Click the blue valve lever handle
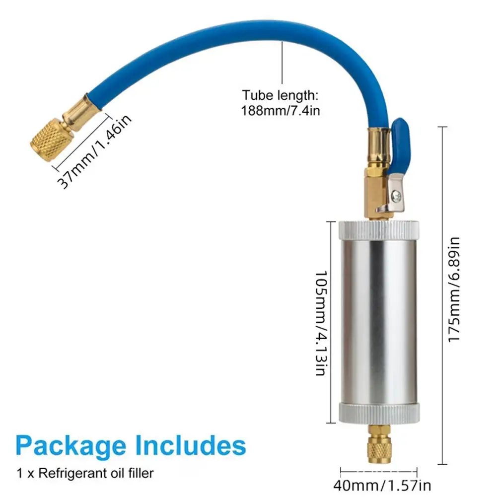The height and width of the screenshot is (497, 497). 400,146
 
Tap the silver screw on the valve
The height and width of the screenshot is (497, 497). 396,197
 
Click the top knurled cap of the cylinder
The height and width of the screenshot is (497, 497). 379,230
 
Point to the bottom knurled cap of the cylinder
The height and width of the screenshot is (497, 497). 379,413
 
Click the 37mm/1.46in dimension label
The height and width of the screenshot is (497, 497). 94,151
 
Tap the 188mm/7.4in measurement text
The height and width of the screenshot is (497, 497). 281,111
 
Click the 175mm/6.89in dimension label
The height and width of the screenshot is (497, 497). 454,289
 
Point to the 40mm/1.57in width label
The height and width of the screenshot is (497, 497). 382,486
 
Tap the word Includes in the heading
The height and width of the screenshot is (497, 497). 191,445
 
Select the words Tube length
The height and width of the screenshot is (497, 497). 280,95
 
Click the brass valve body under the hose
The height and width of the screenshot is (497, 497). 378,193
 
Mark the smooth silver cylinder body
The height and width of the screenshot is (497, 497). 379,321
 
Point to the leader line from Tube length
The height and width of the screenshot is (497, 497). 282,63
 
